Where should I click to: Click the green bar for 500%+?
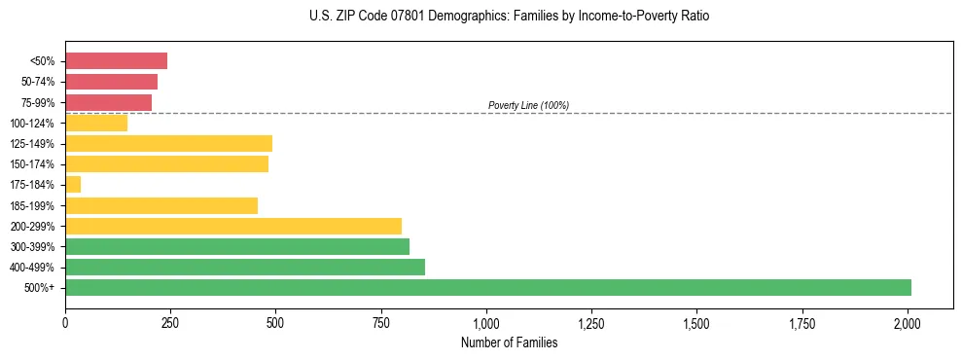point(487,287)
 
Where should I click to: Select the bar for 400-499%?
point(244,267)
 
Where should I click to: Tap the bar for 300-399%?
point(236,246)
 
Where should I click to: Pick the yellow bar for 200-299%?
point(232,226)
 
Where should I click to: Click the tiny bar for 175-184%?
point(73,185)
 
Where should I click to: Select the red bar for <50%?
point(116,61)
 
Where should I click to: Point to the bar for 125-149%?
point(168,144)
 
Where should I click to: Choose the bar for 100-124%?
point(96,124)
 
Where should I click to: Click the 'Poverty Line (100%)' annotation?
point(528,105)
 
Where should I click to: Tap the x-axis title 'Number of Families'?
point(509,342)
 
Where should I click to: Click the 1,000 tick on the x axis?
point(486,323)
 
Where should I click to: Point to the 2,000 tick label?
point(908,323)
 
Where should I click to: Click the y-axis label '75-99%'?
point(38,103)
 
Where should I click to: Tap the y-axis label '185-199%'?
point(34,206)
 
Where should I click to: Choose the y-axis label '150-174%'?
point(34,164)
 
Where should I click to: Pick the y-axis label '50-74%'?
point(38,83)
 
